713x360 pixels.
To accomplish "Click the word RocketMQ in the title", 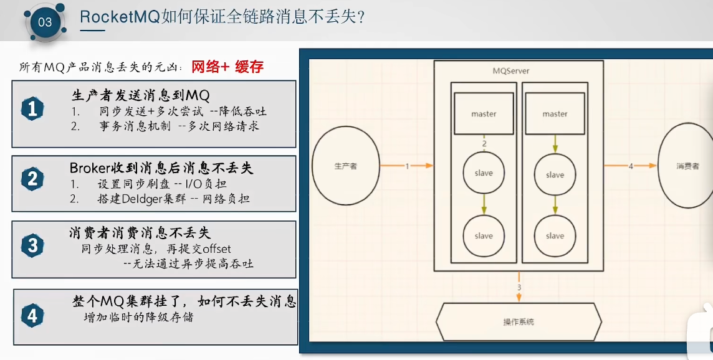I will [x=120, y=17].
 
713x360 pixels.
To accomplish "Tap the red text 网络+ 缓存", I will [x=227, y=67].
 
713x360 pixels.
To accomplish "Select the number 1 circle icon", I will [x=32, y=110].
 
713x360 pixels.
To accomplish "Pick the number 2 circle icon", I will [x=32, y=179].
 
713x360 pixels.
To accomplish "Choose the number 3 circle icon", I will [x=32, y=246].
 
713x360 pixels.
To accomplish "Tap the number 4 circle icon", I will [x=32, y=316].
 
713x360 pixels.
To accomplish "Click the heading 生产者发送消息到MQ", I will [x=140, y=95].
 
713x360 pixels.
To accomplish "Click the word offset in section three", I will [x=213, y=249].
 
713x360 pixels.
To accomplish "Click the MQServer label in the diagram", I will [x=511, y=71].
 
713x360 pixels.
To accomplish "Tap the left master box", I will [x=484, y=113].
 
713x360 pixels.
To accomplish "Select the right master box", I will [x=555, y=113].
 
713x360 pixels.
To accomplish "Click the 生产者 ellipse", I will [x=346, y=166].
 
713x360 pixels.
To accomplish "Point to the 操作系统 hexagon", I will [x=519, y=321].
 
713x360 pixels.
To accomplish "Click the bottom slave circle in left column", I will [x=484, y=235].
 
